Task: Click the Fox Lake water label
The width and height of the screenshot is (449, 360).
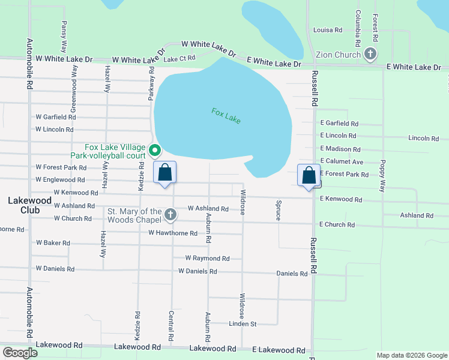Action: click(x=226, y=116)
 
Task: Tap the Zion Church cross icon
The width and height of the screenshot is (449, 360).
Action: click(x=370, y=55)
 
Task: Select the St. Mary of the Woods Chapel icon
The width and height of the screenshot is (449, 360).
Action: click(x=170, y=214)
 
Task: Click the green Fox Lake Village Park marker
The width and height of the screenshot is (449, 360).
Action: click(x=154, y=150)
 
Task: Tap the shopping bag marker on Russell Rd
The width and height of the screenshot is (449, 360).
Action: click(x=309, y=176)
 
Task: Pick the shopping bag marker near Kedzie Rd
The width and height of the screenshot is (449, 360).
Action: click(x=165, y=173)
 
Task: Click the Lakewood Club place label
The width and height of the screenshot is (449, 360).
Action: click(x=24, y=205)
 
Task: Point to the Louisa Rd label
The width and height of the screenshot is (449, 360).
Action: click(x=328, y=29)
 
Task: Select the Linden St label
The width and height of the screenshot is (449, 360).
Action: click(x=243, y=324)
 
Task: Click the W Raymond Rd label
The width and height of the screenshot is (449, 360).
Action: click(x=207, y=259)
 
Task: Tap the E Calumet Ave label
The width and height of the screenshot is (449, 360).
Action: click(x=342, y=161)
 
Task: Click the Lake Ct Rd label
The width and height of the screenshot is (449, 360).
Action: click(x=179, y=58)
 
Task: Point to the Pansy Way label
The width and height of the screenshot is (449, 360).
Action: click(x=64, y=37)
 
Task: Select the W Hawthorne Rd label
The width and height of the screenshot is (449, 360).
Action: click(x=173, y=233)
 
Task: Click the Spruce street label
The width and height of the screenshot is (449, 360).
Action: click(x=279, y=211)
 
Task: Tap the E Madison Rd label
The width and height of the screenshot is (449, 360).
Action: click(x=340, y=149)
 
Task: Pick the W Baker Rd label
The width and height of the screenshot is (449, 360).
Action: click(x=53, y=243)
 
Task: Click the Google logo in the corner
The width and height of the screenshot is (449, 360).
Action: click(x=20, y=353)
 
